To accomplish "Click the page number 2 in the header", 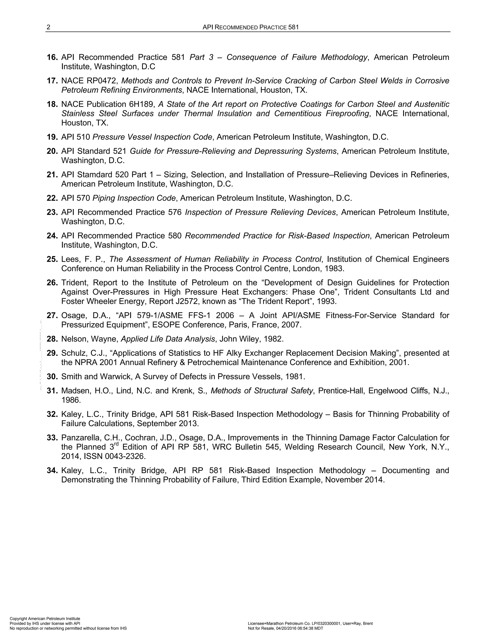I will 48,27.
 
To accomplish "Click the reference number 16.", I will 52,57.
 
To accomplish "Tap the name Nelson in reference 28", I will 74,339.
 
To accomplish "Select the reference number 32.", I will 52,414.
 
